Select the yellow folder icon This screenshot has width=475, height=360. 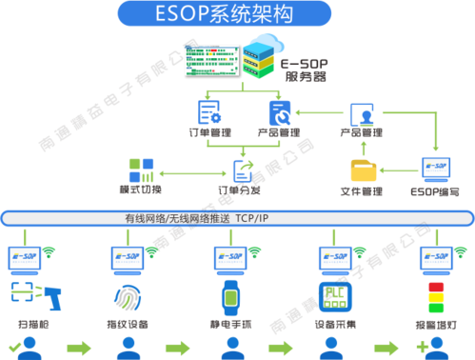(364, 170)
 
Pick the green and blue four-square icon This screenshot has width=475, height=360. (141, 170)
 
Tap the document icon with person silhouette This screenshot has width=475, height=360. (362, 115)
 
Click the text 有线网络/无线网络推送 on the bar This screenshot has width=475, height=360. (178, 218)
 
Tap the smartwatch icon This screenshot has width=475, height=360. (229, 298)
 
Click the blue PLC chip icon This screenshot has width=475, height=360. (334, 296)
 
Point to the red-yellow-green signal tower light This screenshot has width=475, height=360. (436, 297)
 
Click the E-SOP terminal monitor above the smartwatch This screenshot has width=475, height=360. (228, 258)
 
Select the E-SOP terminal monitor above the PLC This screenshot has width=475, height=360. (334, 258)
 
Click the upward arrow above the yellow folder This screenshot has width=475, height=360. (363, 146)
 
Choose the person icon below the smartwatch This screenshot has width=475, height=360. (229, 346)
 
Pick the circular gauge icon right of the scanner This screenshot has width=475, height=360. (124, 296)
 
